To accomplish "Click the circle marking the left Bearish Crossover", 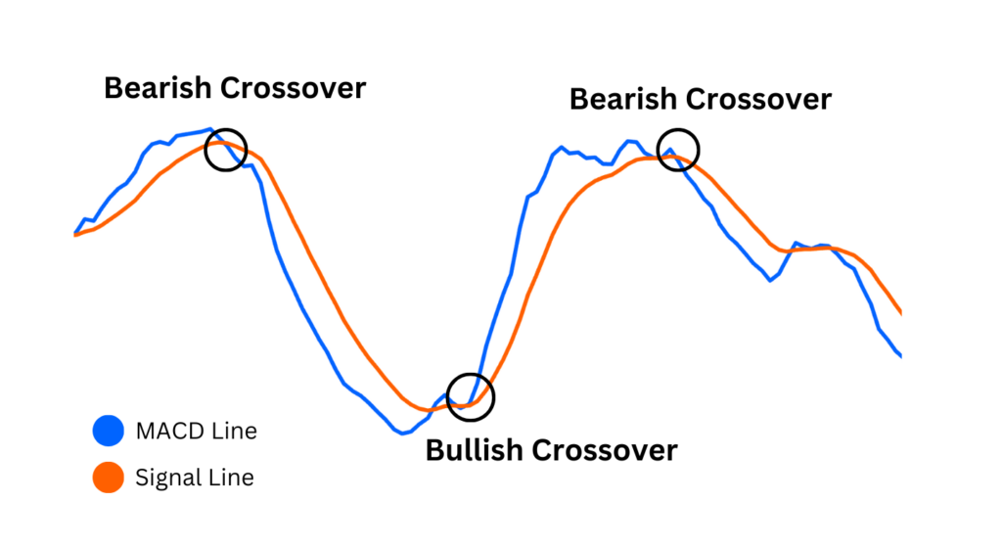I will [226, 150].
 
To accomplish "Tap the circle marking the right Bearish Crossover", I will [678, 149].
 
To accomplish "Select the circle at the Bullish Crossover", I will [471, 396].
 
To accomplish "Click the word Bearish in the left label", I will [159, 88].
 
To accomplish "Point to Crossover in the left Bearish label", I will [293, 88].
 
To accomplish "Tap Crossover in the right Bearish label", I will [758, 99].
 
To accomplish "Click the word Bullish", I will [475, 450].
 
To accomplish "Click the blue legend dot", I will [108, 430].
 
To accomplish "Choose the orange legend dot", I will [108, 478].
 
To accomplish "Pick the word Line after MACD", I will [235, 430].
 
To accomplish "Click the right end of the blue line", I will [900, 356].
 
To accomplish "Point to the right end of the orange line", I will [900, 314].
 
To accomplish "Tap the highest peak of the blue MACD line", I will [208, 129].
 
